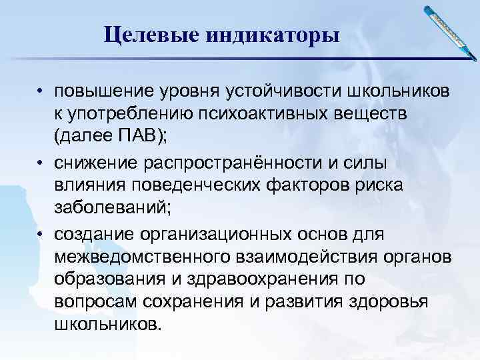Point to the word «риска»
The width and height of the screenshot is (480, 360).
(379, 187)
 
